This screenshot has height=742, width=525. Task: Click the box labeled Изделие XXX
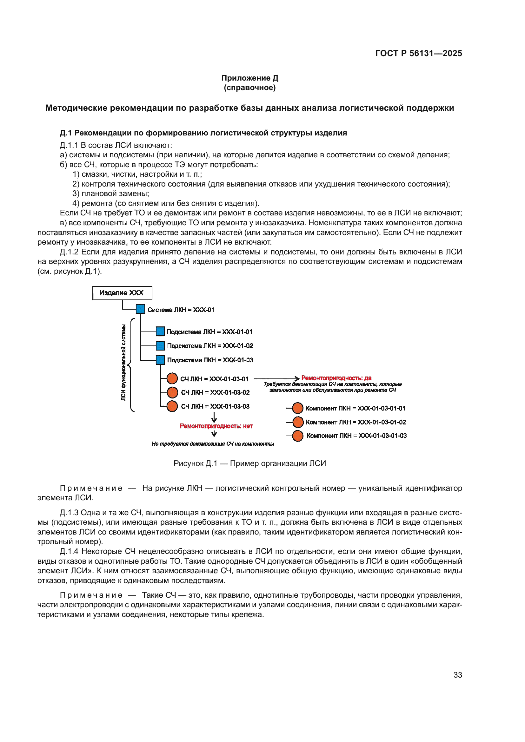point(122,293)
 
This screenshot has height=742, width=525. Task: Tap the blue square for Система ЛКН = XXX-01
point(140,309)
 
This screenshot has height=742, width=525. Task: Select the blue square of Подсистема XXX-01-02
point(160,346)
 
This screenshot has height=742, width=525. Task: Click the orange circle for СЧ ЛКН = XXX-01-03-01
point(172,378)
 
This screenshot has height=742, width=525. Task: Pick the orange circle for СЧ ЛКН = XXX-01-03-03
point(172,406)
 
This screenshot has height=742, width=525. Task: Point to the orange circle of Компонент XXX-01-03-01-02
point(298,422)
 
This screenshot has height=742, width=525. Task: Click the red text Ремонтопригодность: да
point(336,378)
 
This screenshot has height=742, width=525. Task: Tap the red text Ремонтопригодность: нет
point(216,426)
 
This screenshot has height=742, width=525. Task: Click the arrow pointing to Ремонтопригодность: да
point(277,378)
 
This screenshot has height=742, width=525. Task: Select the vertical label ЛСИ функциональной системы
point(123,363)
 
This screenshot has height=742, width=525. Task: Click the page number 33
point(457,675)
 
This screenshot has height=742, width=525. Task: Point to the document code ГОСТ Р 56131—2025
point(418,53)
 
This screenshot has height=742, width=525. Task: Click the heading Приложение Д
point(249,78)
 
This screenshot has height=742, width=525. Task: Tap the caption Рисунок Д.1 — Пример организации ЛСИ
point(249,463)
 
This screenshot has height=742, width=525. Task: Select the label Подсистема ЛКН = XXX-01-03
point(210,360)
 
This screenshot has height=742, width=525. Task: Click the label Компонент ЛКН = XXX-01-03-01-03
point(356,436)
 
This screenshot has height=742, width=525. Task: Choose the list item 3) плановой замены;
point(110,194)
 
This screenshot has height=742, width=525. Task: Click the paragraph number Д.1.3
point(69,513)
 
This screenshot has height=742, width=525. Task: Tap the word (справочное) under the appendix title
point(249,88)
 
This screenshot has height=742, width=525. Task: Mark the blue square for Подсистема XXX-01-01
point(160,332)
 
